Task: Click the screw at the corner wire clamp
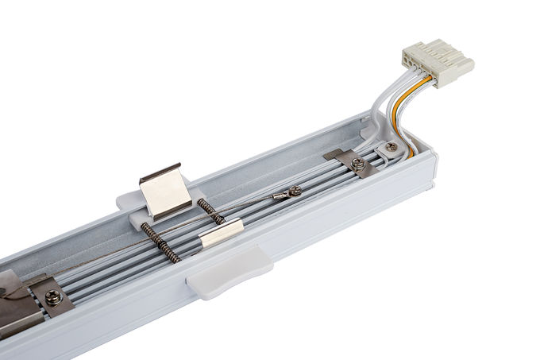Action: (x=391, y=146)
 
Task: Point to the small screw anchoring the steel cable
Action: (x=295, y=190)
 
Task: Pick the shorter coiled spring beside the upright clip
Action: (x=210, y=211)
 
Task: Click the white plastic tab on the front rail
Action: (x=229, y=272)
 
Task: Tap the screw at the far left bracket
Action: (x=54, y=296)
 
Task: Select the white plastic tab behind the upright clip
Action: (x=131, y=199)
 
